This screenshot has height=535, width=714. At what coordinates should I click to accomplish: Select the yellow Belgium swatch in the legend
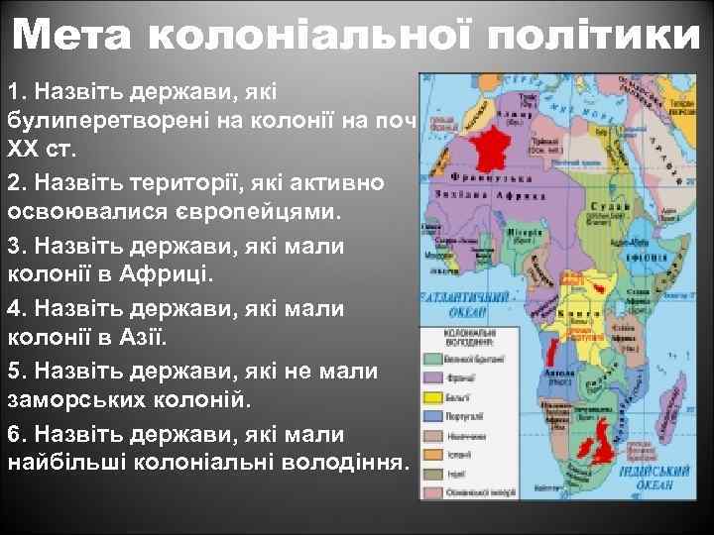(434, 396)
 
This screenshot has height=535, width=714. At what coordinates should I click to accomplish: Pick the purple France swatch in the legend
(434, 377)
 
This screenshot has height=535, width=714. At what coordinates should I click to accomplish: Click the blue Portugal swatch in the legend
(434, 416)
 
